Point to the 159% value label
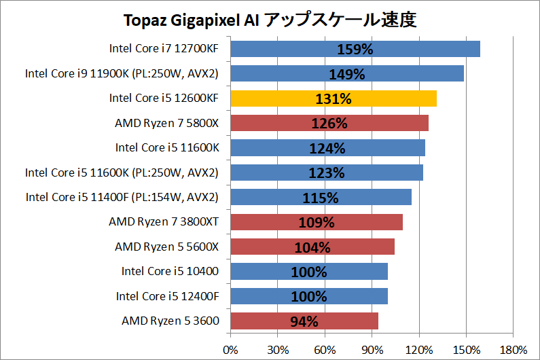(355, 50)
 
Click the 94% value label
(304, 322)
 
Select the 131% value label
(333, 99)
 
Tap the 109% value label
(317, 223)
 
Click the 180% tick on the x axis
(513, 349)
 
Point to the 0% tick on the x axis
(231, 349)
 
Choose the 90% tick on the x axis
(372, 349)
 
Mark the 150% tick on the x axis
(466, 349)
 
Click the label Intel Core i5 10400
(170, 272)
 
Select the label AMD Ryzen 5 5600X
(166, 247)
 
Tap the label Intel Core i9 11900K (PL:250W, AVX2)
(122, 73)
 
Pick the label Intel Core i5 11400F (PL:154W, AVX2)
(122, 197)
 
